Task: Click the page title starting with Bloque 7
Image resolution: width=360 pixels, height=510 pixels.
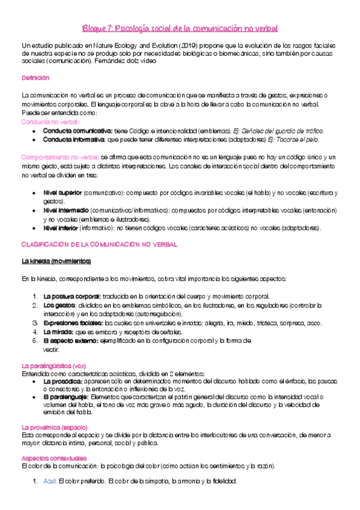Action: tap(180, 29)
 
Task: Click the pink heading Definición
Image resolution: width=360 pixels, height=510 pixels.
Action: tap(35, 78)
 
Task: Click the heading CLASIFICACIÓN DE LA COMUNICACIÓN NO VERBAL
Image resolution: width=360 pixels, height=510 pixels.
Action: tap(100, 245)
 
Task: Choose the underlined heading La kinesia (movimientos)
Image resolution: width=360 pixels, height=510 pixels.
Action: tap(56, 262)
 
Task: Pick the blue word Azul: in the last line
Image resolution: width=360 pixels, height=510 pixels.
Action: tap(50, 481)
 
